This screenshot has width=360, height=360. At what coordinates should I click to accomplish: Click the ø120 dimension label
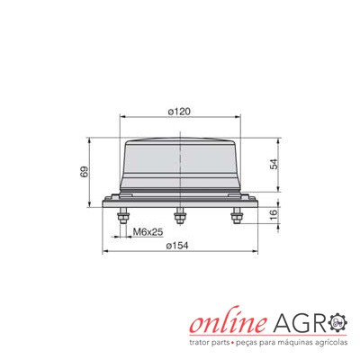coord(179,112)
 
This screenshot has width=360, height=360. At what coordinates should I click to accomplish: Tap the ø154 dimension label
coord(178,246)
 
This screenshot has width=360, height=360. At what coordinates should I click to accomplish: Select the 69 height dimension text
coord(85,171)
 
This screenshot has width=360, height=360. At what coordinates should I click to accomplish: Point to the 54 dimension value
coord(274,164)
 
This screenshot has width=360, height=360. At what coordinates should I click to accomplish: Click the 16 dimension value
coord(273,215)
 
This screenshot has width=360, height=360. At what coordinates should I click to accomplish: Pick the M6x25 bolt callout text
coord(148,231)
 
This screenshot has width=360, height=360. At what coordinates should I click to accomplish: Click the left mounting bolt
coord(122,216)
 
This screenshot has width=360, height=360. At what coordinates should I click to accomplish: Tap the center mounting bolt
coord(180,216)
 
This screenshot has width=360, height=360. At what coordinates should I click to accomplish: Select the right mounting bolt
coord(236,216)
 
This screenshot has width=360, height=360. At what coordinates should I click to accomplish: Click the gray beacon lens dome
coord(180,165)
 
